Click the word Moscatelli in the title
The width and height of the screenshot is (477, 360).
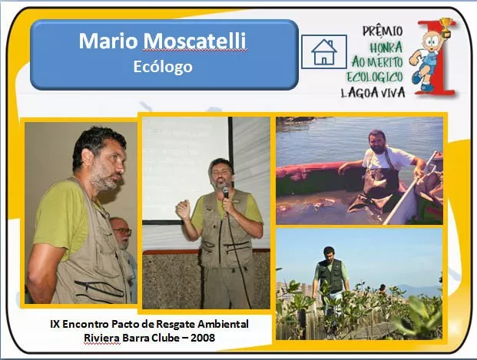coord(194,41)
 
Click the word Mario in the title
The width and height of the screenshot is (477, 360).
coord(108,41)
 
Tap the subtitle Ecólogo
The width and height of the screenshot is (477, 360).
coord(163,67)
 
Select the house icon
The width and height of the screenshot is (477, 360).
coord(324,51)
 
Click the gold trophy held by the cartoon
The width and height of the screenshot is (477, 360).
coord(446,25)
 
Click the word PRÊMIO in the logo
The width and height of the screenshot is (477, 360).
coord(383,31)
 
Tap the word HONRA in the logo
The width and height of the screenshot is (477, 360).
coord(386,48)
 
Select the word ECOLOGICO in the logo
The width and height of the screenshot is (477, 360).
coord(375,77)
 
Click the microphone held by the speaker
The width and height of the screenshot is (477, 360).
coord(225,192)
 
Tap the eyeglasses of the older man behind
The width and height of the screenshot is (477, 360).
coord(122,231)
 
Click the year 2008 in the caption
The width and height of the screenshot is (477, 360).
coord(203,338)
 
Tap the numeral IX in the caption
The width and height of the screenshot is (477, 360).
coord(55,324)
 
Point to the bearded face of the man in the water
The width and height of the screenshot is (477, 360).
coord(377,142)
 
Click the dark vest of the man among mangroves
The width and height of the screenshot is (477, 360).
coord(330,276)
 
